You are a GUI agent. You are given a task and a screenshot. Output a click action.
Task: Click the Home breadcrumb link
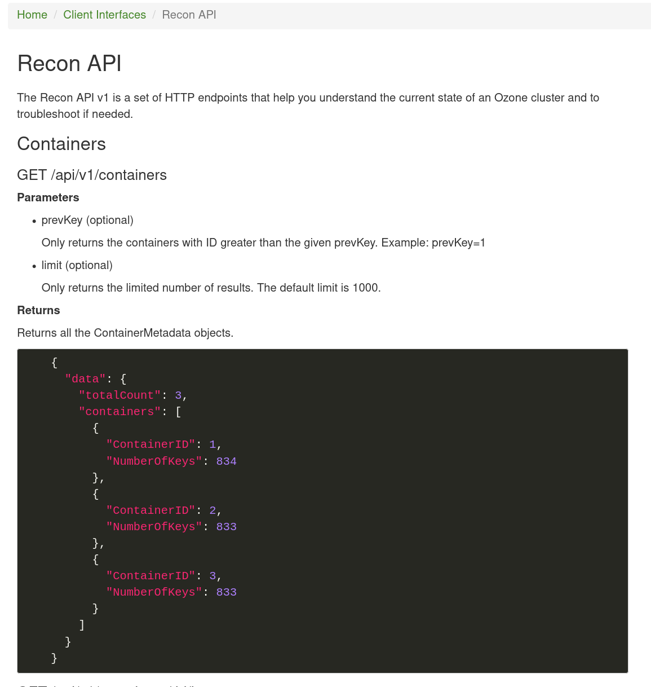point(32,15)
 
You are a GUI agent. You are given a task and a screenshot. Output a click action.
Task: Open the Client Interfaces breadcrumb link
point(104,15)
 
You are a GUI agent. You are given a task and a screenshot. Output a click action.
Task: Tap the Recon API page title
point(69,64)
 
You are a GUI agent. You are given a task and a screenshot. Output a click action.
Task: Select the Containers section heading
point(61,144)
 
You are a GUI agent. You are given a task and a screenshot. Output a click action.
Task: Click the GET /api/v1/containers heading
point(92,175)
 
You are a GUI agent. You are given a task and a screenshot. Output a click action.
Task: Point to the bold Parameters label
point(48,197)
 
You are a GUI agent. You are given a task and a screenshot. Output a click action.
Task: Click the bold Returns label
point(38,310)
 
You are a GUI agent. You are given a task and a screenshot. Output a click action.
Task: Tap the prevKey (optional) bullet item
point(87,220)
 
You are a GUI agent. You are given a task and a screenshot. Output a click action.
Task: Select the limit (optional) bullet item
point(77,265)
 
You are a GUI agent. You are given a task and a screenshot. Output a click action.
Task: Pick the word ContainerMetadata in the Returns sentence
point(143,333)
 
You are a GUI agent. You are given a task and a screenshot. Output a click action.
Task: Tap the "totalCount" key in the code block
point(119,395)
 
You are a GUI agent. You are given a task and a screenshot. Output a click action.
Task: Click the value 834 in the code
point(226,461)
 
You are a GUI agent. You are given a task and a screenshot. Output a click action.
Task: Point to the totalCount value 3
point(178,395)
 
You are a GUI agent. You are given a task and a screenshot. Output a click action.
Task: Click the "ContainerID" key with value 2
point(150,510)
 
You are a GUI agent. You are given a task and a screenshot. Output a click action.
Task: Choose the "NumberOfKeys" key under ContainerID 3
point(154,592)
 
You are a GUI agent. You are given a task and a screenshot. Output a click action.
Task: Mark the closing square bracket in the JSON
point(82,625)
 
